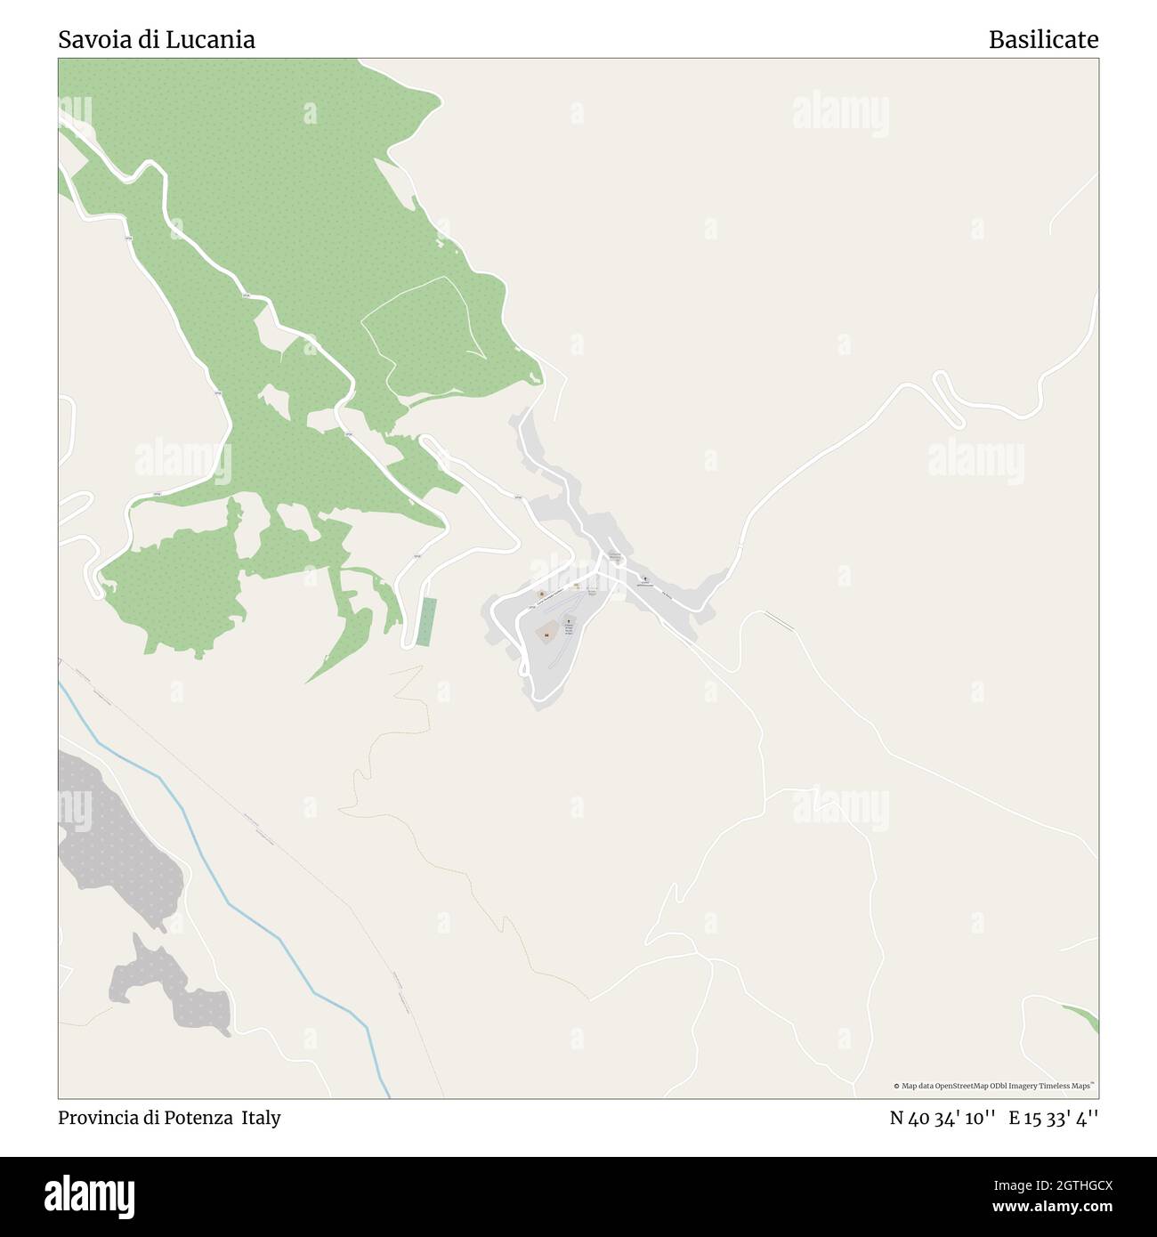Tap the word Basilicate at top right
click(x=1043, y=39)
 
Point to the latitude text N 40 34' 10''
click(x=942, y=1118)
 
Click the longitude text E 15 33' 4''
click(x=1053, y=1118)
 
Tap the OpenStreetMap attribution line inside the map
click(x=995, y=1086)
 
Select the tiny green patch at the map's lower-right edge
click(x=1085, y=1017)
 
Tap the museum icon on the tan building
click(x=547, y=634)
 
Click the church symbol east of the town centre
click(x=645, y=578)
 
